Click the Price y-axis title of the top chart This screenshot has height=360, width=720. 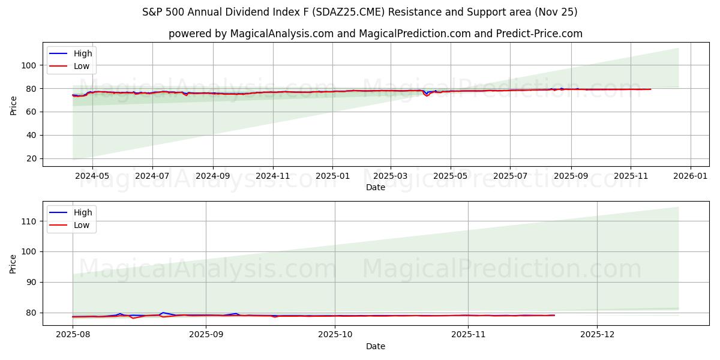[x=13, y=106]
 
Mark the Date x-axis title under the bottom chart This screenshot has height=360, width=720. [x=376, y=346]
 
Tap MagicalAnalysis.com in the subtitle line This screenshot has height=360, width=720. [x=281, y=34]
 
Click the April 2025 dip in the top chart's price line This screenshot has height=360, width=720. [x=427, y=95]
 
